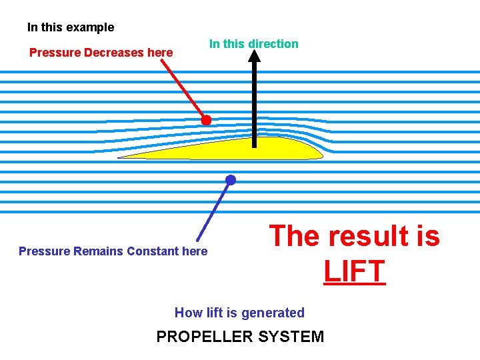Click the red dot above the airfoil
point(207,120)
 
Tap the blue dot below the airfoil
point(231,180)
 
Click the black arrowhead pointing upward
point(254,56)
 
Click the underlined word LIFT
point(355,271)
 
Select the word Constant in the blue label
point(153,251)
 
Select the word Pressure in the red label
point(55,52)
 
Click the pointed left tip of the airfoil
point(121,157)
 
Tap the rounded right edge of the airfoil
point(321,153)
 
